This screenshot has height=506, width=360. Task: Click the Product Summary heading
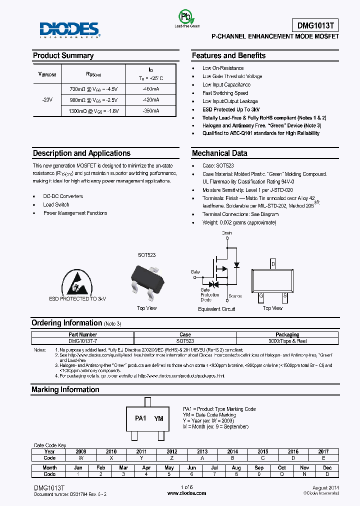pos(63,55)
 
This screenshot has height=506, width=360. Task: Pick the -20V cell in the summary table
pos(47,99)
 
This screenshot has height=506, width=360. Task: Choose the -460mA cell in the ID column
pos(151,89)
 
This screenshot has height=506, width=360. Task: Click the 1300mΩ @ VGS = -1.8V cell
pos(93,110)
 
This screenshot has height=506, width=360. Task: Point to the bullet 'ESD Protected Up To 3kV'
pos(230,109)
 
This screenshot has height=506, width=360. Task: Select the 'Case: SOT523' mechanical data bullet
pos(218,165)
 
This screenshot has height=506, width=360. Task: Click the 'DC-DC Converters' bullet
pos(63,196)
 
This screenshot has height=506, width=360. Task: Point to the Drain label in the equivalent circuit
pos(226,233)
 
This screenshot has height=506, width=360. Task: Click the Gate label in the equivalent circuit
pos(195,272)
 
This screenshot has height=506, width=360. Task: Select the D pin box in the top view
pos(272,263)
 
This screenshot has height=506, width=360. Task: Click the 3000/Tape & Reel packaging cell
pos(287,341)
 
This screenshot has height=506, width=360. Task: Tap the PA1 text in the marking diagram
pos(140,418)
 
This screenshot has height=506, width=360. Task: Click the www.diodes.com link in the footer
pos(186,493)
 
